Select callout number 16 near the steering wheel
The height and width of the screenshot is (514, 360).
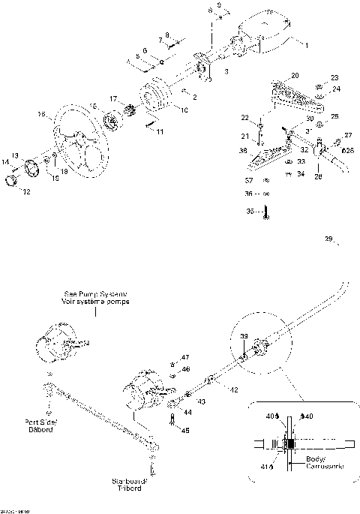[41, 115]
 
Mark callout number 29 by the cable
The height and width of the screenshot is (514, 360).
[328, 239]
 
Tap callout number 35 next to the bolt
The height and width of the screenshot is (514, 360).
[250, 212]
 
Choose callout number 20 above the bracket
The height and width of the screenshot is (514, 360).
[294, 76]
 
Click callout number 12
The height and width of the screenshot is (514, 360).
[26, 192]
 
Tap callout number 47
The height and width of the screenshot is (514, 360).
[186, 356]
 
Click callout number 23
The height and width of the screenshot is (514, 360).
[334, 77]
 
